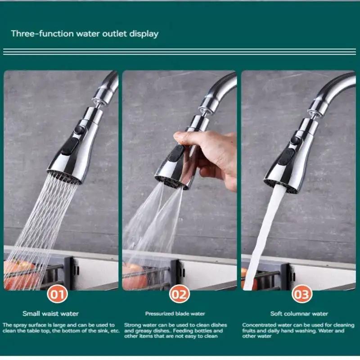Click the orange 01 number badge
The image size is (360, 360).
pos(58,295)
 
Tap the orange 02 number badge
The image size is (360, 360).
pos(179,295)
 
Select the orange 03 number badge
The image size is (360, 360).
pos(301,295)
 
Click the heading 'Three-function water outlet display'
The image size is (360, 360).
pos(85,34)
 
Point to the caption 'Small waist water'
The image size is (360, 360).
pos(50,314)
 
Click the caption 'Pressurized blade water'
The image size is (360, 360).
pos(175,314)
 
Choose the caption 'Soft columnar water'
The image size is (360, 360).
pos(299,314)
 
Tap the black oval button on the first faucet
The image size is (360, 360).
pos(71,147)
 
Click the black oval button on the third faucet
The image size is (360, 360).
pos(287,157)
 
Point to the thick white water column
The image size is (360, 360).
pos(263,234)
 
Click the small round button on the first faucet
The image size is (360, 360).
pos(80,130)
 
